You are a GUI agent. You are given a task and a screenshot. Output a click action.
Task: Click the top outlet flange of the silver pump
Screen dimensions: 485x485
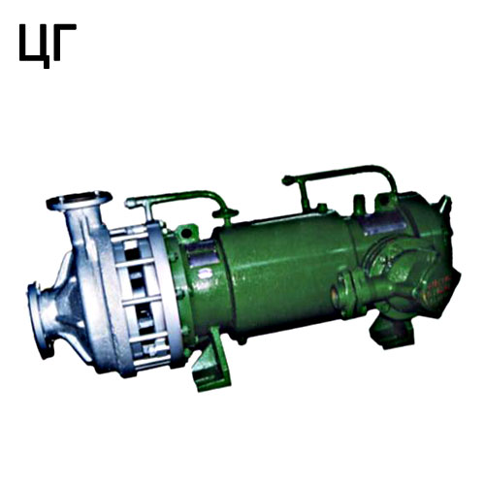tap(80, 200)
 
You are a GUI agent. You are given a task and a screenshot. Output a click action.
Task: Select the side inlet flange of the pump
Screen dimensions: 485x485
tap(37, 319)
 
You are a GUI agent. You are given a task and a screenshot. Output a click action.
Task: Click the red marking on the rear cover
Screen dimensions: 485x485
tap(439, 284)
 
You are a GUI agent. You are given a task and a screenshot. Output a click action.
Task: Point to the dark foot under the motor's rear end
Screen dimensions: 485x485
tap(392, 332)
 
